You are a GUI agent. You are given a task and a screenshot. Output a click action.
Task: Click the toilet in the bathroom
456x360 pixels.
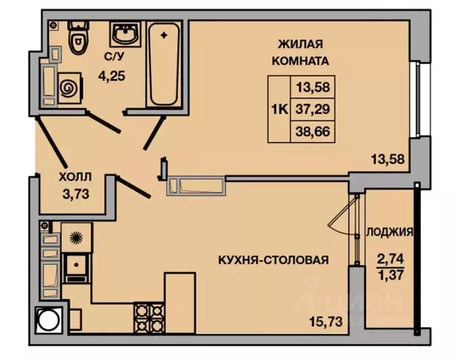[76, 38]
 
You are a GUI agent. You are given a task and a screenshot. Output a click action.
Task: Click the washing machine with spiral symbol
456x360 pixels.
[69, 87]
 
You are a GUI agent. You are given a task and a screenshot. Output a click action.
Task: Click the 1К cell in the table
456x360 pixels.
[279, 109]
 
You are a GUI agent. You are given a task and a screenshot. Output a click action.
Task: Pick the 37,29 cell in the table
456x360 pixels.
[313, 109]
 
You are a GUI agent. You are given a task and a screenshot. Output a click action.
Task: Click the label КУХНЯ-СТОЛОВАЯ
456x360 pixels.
[273, 260]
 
